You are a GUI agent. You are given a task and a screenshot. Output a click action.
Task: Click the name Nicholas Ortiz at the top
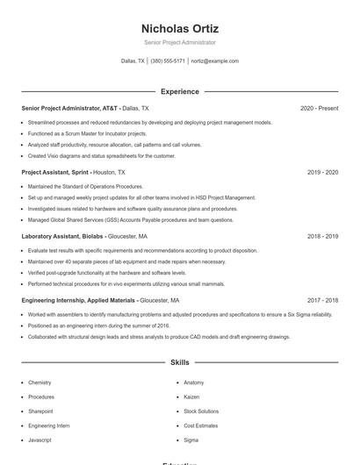point(179,28)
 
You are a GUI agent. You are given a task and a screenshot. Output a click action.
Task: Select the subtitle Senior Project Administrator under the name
point(179,42)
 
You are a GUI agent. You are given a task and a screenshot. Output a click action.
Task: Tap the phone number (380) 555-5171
point(168,61)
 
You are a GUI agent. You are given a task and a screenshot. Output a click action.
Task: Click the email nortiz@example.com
point(214,61)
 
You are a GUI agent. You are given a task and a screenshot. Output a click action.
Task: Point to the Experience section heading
point(179,91)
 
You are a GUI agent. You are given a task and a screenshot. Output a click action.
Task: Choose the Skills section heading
point(179,361)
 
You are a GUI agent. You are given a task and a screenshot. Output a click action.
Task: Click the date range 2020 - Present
point(319,109)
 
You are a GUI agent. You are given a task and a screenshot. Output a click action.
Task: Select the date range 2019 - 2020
point(322,173)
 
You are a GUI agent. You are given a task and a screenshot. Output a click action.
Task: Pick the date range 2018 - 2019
point(322,237)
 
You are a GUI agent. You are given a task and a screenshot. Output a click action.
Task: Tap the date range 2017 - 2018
point(322,300)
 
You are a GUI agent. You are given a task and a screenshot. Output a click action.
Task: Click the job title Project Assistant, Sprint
point(55,173)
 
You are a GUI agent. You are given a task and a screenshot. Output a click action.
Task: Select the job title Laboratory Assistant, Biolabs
point(62,237)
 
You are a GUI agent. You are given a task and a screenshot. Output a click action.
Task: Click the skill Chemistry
point(40,383)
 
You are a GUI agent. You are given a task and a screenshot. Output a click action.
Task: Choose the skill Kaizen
point(192,397)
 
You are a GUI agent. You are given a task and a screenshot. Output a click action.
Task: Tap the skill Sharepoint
point(40,411)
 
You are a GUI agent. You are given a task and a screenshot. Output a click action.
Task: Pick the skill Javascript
point(40,439)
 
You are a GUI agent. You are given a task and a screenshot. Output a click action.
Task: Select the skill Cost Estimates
point(201,425)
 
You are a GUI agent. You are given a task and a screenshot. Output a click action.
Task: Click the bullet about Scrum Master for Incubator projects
point(89,133)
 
